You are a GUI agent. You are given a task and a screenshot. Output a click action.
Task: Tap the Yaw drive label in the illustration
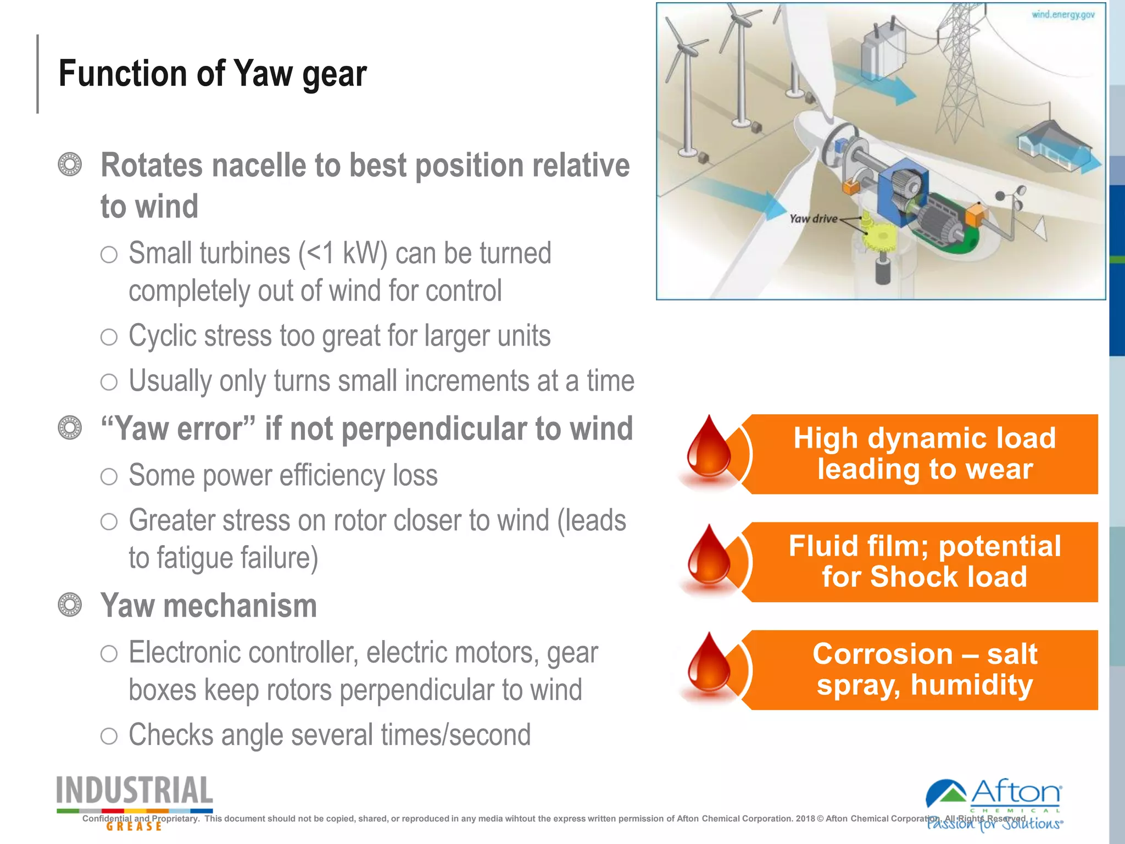tap(813, 219)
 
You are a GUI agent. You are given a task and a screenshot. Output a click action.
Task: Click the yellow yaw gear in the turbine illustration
tap(879, 238)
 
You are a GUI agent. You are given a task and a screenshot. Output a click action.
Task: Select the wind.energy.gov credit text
tap(1062, 15)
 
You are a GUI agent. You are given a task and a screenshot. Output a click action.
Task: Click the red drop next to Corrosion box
tap(709, 666)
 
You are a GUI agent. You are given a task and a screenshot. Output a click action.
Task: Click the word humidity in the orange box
tap(972, 685)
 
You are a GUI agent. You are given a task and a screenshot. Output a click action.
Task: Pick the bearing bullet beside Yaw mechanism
tap(70, 605)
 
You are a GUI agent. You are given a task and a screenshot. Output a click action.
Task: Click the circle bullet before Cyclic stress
tap(109, 336)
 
